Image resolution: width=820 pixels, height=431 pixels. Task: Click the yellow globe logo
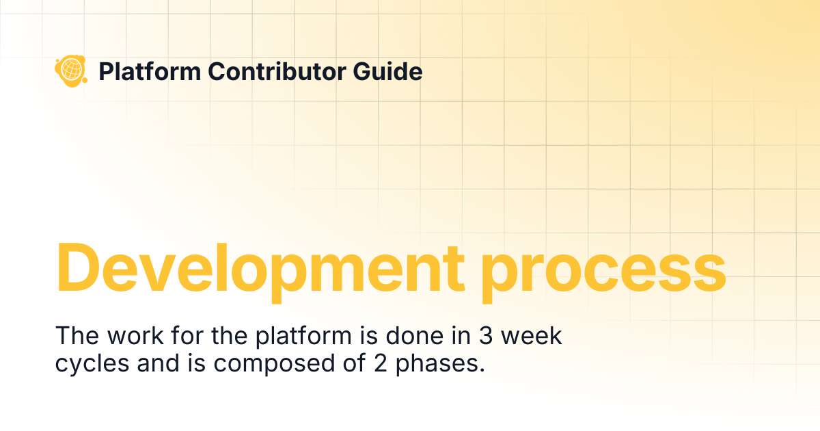tap(71, 70)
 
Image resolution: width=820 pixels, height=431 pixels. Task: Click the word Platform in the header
tap(150, 71)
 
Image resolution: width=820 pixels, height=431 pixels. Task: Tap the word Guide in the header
tap(387, 71)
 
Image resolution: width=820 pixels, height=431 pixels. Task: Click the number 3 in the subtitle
tap(485, 335)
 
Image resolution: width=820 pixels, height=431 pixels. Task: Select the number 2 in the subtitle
tap(381, 363)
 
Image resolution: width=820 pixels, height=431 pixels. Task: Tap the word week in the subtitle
tap(531, 335)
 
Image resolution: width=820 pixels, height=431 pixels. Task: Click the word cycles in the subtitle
tap(92, 365)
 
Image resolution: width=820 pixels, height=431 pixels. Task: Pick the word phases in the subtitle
tap(440, 365)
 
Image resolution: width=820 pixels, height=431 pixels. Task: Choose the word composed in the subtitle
tap(274, 365)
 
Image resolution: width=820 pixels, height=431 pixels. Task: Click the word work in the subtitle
tap(135, 335)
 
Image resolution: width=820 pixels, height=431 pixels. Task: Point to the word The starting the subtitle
tap(77, 335)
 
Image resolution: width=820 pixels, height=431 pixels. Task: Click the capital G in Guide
tap(362, 71)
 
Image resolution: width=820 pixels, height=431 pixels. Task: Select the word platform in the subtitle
tap(303, 337)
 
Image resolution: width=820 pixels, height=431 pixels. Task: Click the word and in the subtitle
tap(158, 363)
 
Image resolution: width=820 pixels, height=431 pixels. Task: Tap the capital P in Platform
tap(107, 71)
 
